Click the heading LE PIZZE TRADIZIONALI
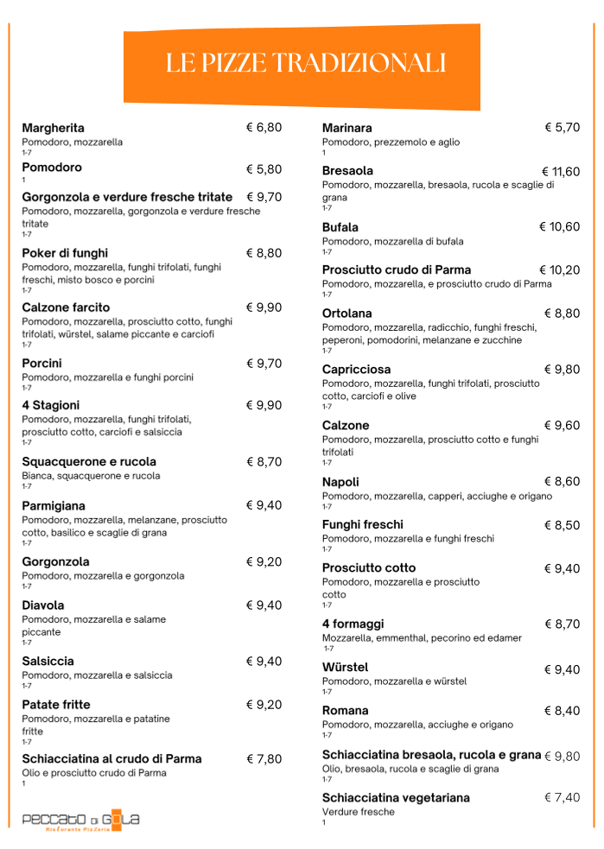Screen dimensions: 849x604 tap(305, 63)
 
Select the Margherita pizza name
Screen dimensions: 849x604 tap(53, 128)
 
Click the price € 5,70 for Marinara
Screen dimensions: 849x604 tap(562, 128)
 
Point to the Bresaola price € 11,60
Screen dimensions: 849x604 tap(560, 172)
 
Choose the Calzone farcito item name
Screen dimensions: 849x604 tap(66, 307)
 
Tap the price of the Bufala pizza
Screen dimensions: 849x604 tap(559, 227)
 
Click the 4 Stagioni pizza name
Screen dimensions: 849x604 tap(50, 405)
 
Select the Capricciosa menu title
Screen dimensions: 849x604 tap(356, 370)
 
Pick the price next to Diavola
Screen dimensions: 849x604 tap(264, 605)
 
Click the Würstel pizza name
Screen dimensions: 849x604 tap(345, 668)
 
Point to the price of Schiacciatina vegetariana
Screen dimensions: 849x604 tap(562, 797)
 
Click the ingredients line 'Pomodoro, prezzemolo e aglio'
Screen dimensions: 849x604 tap(391, 142)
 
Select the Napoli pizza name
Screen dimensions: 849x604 tap(340, 482)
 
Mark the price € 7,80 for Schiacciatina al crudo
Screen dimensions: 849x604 tap(264, 759)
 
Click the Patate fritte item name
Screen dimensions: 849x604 tap(56, 705)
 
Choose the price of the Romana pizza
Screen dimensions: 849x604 tap(562, 711)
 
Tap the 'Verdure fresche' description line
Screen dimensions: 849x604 tap(358, 812)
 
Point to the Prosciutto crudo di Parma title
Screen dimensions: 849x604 tap(397, 270)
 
